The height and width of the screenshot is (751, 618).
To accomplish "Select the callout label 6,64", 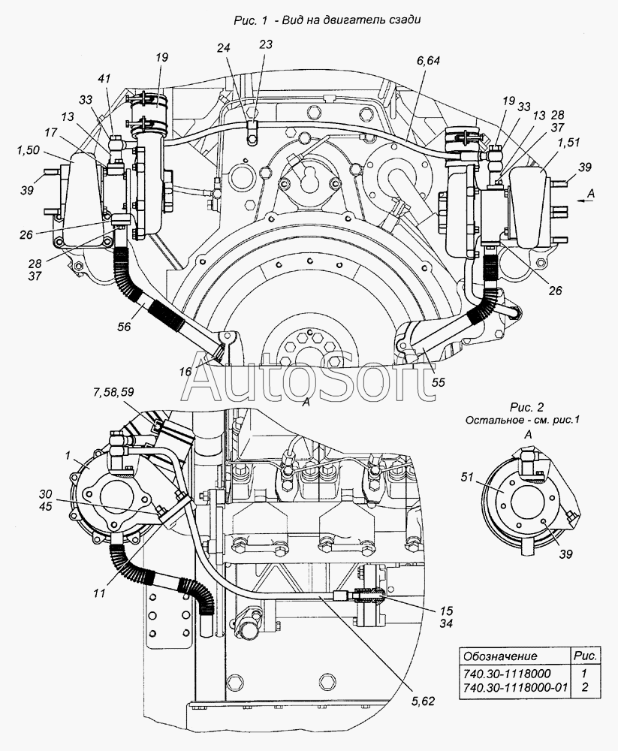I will tap(428, 61).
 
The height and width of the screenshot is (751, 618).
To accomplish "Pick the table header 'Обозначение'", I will tap(500, 656).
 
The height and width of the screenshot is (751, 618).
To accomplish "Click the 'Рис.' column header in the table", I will tap(584, 656).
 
